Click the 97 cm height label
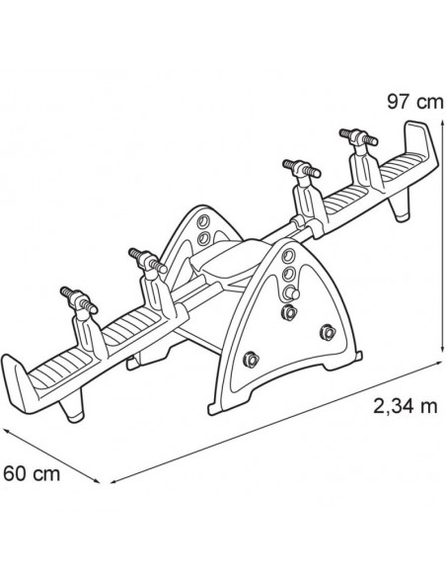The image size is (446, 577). (415, 102)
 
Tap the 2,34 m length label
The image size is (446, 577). (405, 406)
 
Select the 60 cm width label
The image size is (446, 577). (32, 473)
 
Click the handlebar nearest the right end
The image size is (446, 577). (358, 137)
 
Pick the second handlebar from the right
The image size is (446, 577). (302, 168)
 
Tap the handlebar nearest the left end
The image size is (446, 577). (79, 300)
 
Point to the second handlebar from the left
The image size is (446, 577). (147, 260)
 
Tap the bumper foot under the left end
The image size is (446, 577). (72, 407)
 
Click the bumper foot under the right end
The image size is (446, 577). (399, 208)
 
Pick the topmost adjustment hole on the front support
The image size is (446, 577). (289, 255)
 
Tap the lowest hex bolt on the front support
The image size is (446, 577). (251, 359)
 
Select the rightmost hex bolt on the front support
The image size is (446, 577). (327, 332)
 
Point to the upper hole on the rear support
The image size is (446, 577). (203, 221)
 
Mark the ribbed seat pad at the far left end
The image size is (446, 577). (59, 367)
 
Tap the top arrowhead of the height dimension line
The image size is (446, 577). (442, 115)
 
